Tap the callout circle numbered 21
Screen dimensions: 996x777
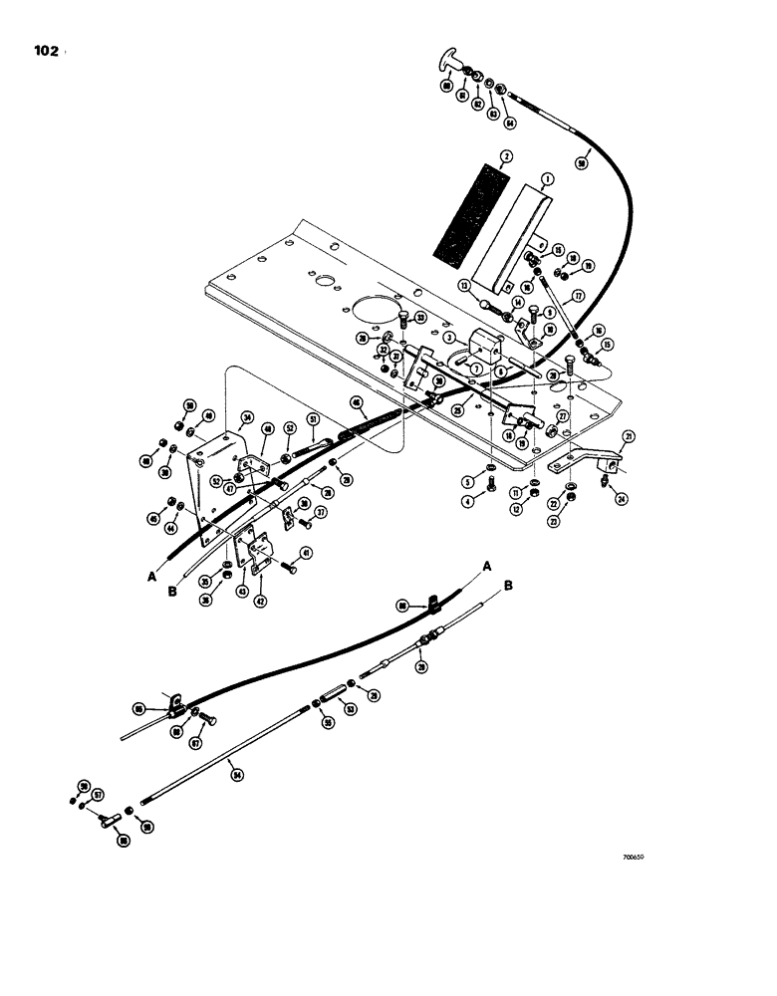629,436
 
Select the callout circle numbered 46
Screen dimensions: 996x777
356,401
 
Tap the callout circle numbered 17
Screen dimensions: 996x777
575,296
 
